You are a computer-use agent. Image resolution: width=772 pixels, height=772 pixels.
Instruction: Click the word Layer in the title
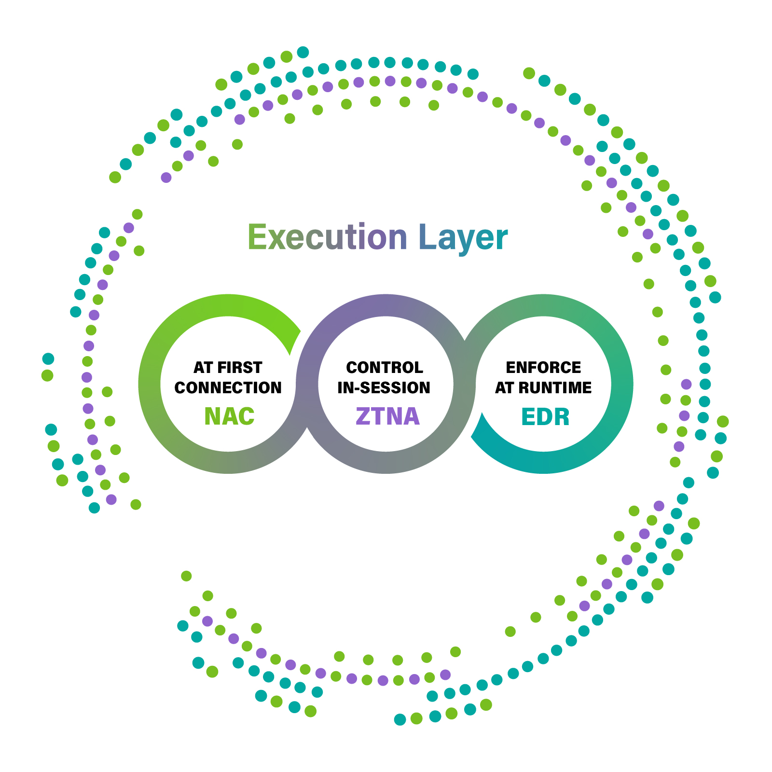point(463,238)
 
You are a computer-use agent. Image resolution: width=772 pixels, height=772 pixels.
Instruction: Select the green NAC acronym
point(229,416)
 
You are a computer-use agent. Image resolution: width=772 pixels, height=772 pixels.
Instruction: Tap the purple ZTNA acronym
point(387,416)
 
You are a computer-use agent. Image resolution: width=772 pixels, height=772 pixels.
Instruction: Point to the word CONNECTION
point(228,387)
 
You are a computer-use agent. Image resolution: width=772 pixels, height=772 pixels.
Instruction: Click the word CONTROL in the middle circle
point(385,368)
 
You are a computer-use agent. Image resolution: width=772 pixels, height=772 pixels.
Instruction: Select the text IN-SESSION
point(384,387)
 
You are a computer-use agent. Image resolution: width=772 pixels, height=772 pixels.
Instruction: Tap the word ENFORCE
point(543,368)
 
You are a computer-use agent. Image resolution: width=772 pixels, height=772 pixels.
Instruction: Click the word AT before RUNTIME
point(505,387)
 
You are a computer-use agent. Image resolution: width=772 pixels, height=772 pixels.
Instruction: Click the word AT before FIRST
point(203,368)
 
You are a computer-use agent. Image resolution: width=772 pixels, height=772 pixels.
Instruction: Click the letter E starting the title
point(257,237)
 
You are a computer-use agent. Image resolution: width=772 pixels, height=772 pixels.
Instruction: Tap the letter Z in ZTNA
point(362,416)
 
